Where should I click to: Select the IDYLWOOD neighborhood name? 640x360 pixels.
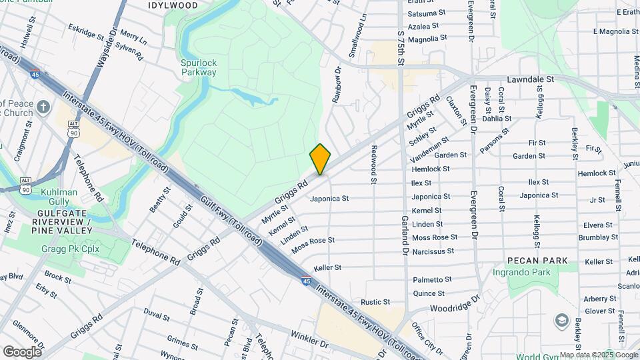(172, 5)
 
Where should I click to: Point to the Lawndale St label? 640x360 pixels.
(531, 79)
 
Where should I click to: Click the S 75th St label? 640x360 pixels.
(401, 45)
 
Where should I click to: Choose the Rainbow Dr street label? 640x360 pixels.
(337, 84)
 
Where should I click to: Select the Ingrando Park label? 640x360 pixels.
(531, 272)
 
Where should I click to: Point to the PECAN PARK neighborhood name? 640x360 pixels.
(537, 260)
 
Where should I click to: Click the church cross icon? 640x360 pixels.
(43, 107)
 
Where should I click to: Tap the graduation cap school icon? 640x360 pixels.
(561, 320)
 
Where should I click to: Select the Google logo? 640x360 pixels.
(22, 352)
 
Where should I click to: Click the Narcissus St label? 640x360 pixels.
(433, 252)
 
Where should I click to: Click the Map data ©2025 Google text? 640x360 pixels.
(598, 355)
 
